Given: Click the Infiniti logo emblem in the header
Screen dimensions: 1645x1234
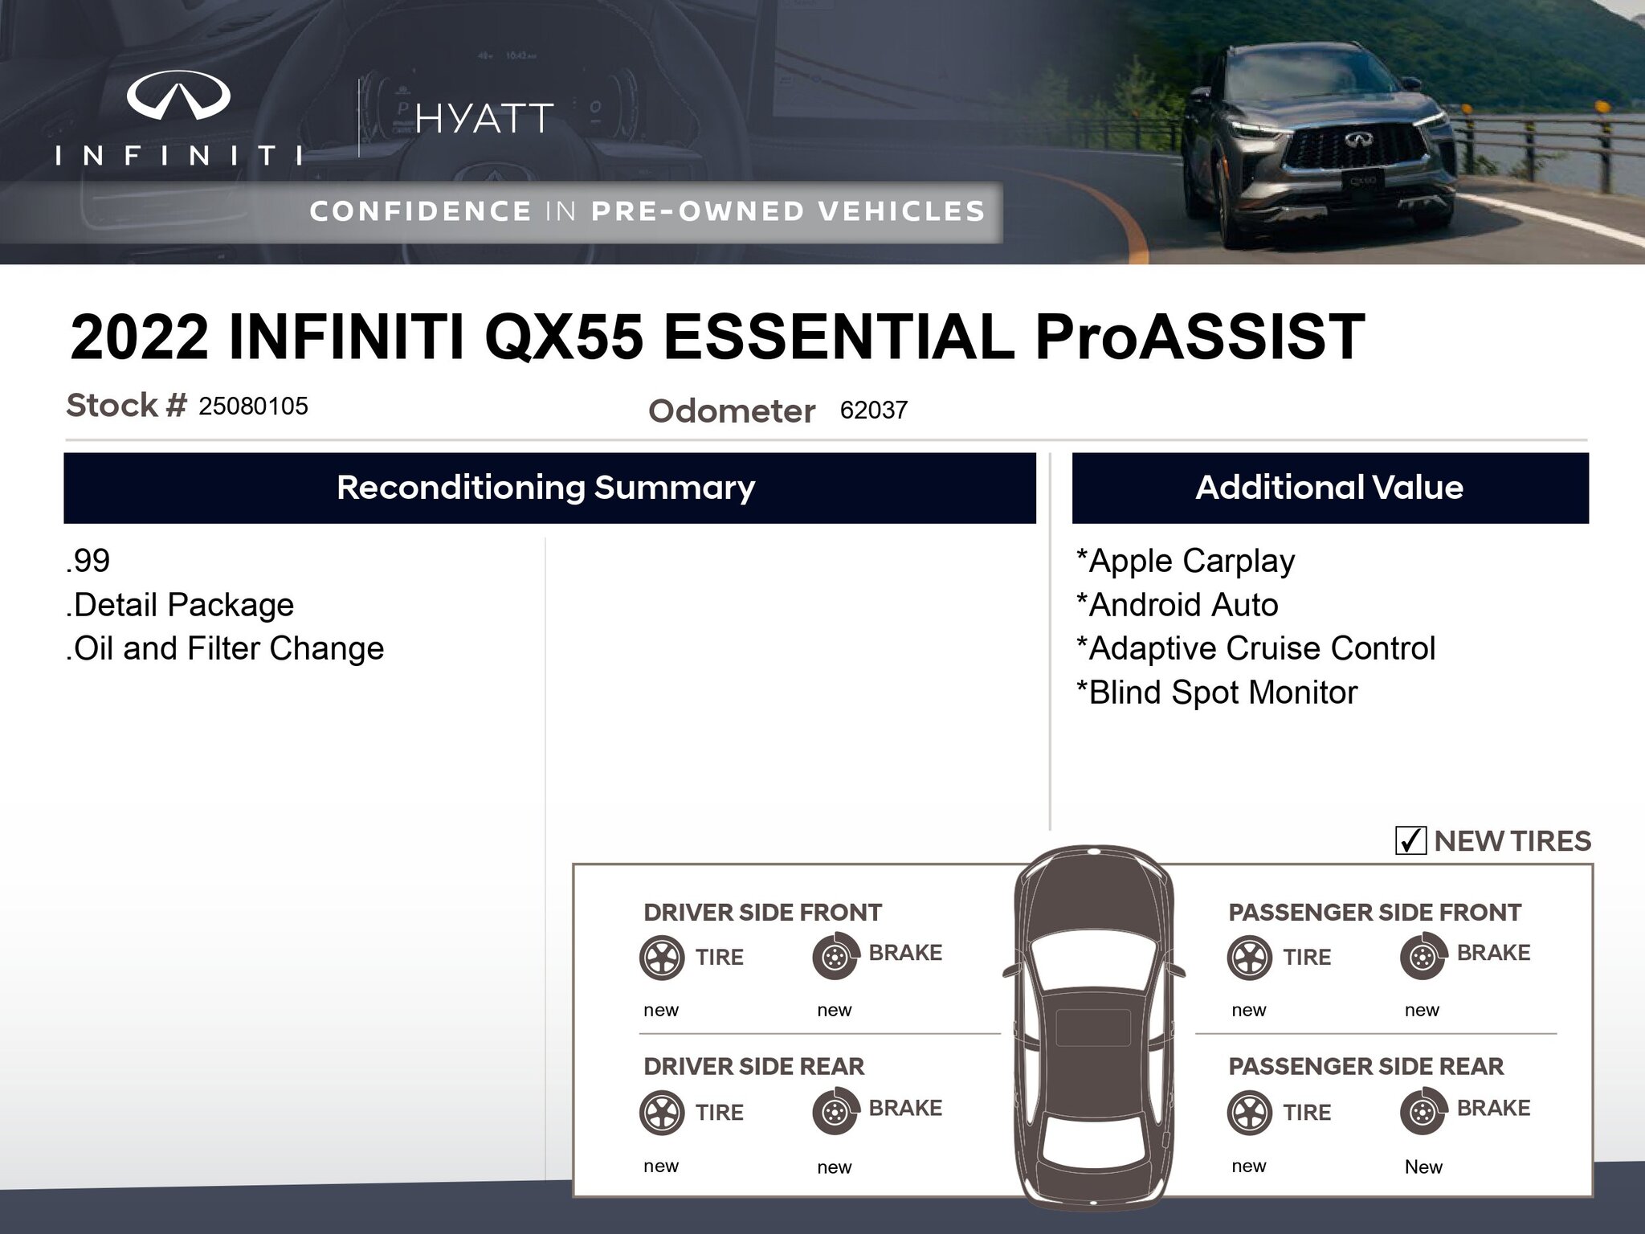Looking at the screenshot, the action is coord(178,95).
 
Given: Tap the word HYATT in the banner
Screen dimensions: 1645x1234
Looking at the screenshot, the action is coord(484,119).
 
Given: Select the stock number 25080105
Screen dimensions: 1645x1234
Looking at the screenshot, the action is coord(254,406).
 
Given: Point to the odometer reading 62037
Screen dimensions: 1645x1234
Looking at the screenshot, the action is coord(874,410).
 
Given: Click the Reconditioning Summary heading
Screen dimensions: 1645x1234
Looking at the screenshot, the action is coord(546,488).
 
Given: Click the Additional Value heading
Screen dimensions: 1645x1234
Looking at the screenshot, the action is coord(1329,488).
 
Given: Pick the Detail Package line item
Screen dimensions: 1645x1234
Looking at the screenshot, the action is coord(180,605).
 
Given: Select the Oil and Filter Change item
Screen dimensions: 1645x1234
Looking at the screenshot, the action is coord(225,648).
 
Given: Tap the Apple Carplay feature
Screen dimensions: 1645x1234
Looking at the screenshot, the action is coord(1186,561).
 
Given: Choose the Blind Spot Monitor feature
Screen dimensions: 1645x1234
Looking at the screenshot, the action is coord(1217,693).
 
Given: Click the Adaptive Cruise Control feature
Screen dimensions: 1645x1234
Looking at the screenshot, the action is coord(1255,648).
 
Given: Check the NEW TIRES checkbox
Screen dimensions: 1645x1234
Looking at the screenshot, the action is coord(1410,840).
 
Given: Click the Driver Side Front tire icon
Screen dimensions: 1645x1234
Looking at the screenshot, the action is coord(662,957).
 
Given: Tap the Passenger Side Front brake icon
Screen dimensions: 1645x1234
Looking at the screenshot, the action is coord(1423,956).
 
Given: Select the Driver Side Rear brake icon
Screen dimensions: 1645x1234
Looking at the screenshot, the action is coord(835,1112).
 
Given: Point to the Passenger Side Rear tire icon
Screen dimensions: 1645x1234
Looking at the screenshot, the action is coord(1250,1112).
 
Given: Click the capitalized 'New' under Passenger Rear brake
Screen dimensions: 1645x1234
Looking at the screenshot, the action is coord(1423,1167).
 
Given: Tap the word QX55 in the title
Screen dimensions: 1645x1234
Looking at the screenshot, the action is coord(564,337).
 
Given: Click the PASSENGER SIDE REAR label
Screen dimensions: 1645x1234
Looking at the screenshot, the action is coord(1365,1066).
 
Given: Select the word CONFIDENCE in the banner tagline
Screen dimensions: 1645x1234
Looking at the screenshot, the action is coord(420,211).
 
